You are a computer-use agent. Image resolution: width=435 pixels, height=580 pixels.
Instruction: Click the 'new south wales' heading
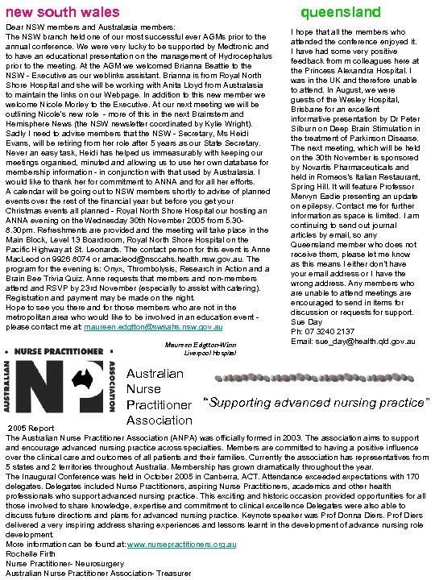point(62,12)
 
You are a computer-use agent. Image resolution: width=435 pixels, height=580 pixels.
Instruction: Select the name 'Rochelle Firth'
point(30,553)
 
